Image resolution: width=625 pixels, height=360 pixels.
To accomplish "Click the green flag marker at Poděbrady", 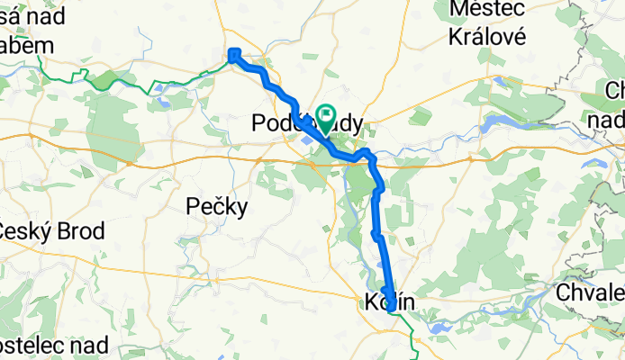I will point(324,115).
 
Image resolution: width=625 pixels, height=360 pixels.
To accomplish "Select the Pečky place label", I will point(216,207).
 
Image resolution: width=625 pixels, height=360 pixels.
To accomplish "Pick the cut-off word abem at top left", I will point(27,46).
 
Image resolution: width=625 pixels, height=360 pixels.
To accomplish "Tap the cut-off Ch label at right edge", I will point(616,92).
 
